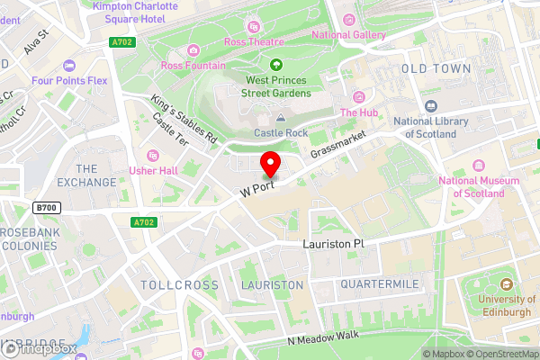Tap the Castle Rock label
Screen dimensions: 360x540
point(281,132)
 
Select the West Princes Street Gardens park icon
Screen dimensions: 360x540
point(276,64)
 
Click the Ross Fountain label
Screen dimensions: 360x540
point(193,66)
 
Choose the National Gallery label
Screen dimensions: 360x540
point(348,35)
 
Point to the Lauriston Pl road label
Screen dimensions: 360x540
point(332,244)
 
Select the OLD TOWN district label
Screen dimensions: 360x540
point(436,68)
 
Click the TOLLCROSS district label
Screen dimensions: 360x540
point(180,285)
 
